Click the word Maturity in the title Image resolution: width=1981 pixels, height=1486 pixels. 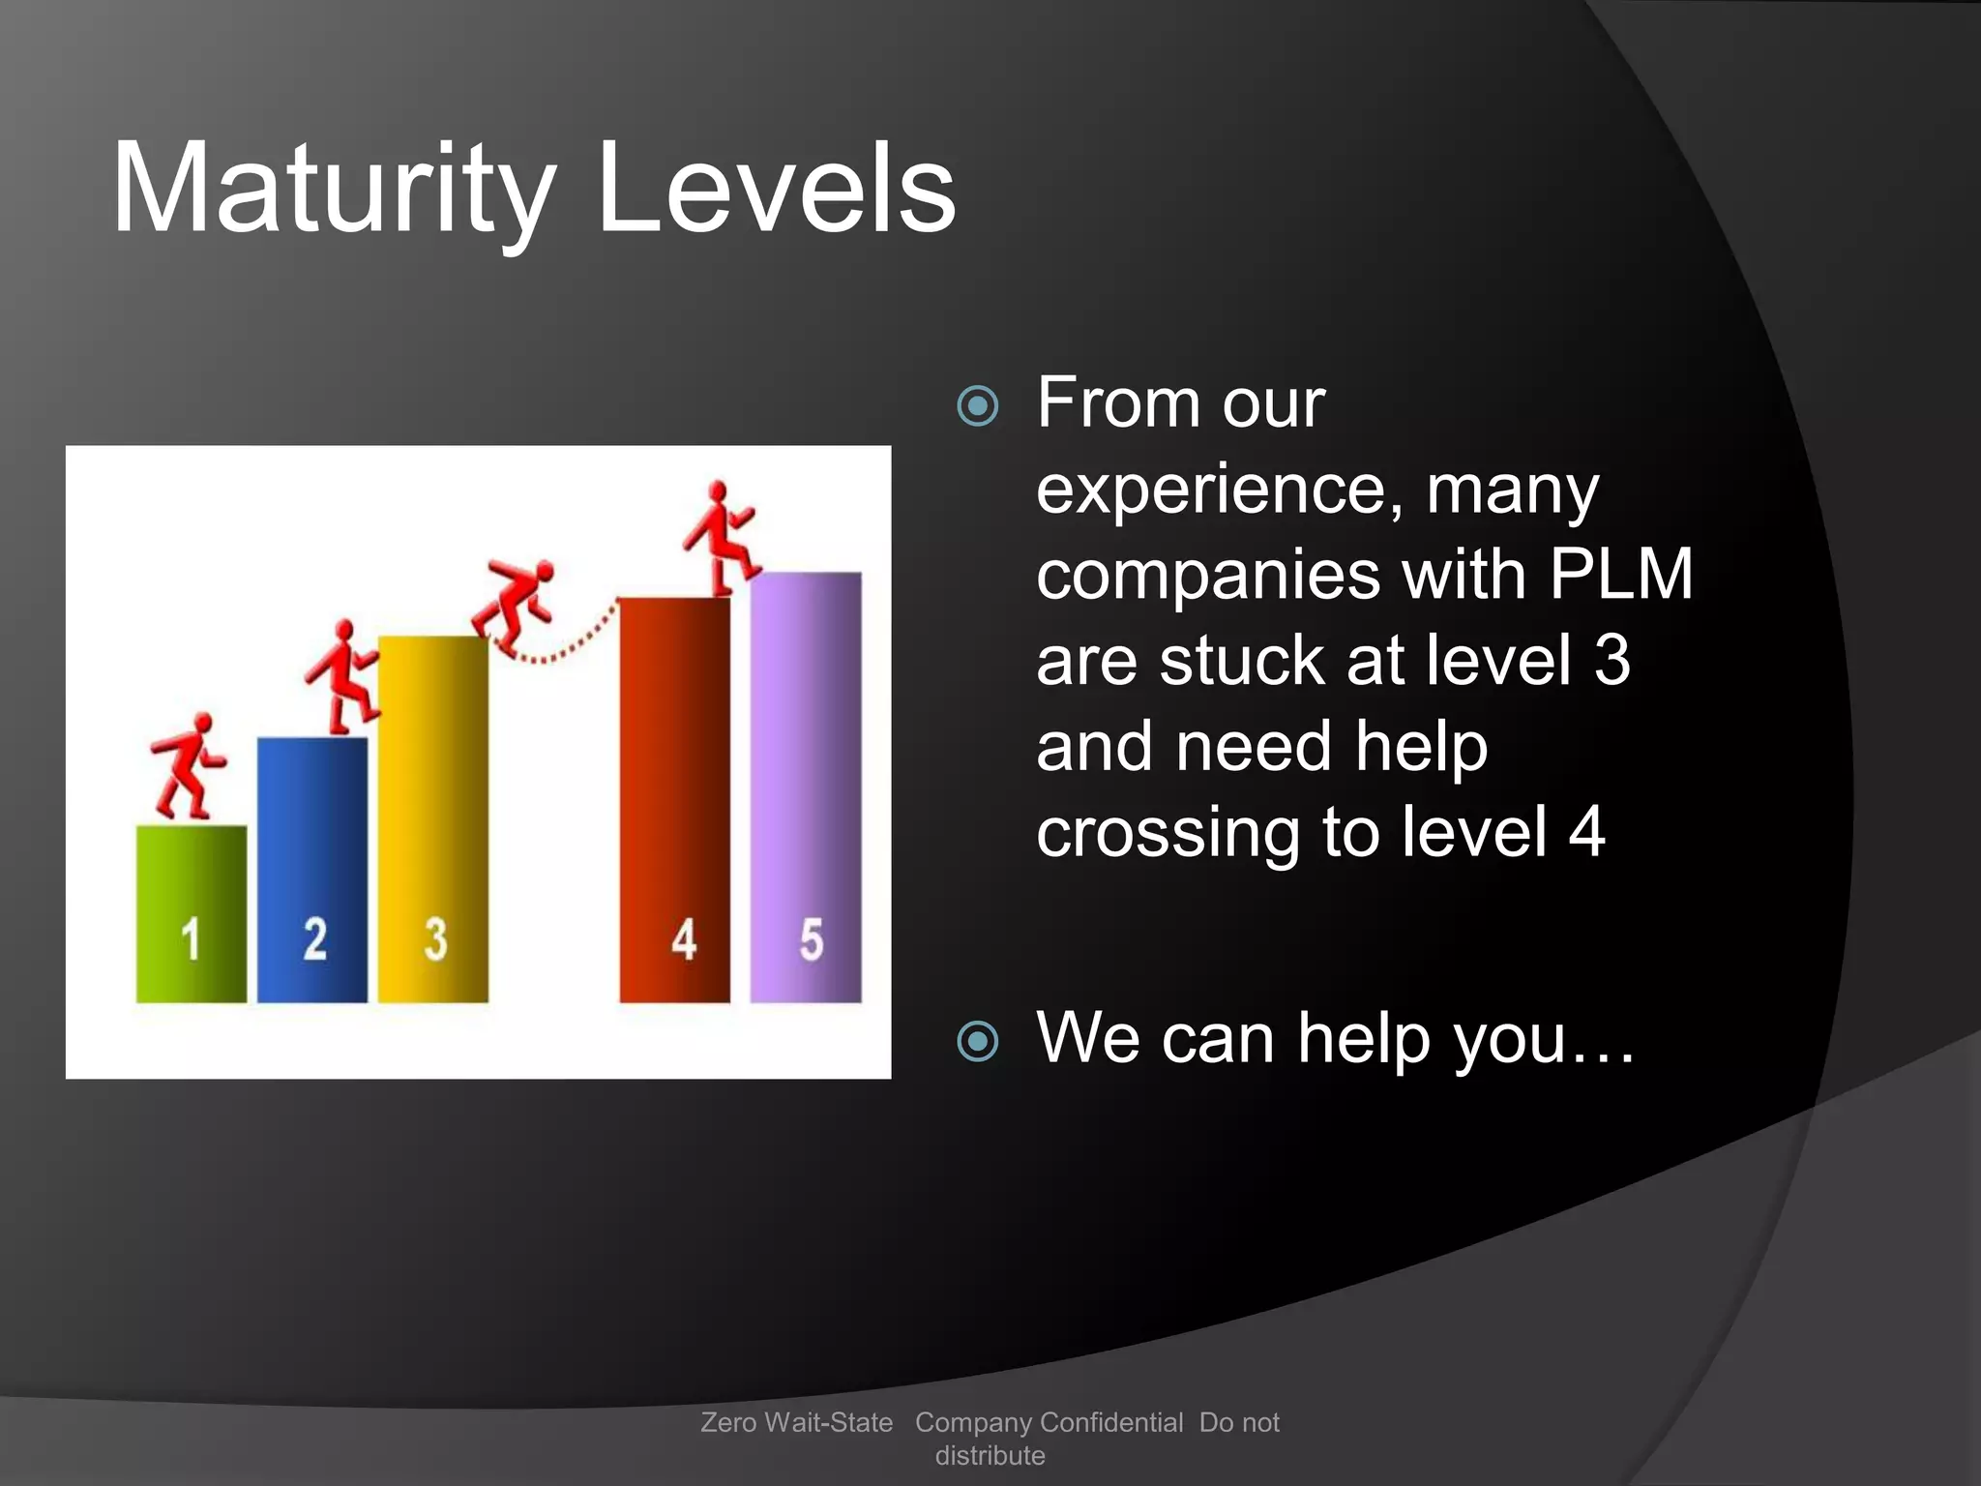click(334, 189)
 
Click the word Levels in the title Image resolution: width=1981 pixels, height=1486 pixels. click(777, 189)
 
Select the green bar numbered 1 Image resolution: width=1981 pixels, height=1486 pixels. click(191, 913)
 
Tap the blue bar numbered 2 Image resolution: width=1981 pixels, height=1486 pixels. click(311, 871)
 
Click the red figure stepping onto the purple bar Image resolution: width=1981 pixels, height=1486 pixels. click(721, 538)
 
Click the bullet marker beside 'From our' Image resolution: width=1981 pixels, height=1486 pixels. click(977, 405)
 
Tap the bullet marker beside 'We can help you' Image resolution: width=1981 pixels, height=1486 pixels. click(977, 1041)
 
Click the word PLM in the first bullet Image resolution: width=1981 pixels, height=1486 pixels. click(1620, 575)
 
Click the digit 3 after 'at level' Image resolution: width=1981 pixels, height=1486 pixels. click(1611, 661)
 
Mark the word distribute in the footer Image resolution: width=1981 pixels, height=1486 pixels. click(990, 1455)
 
